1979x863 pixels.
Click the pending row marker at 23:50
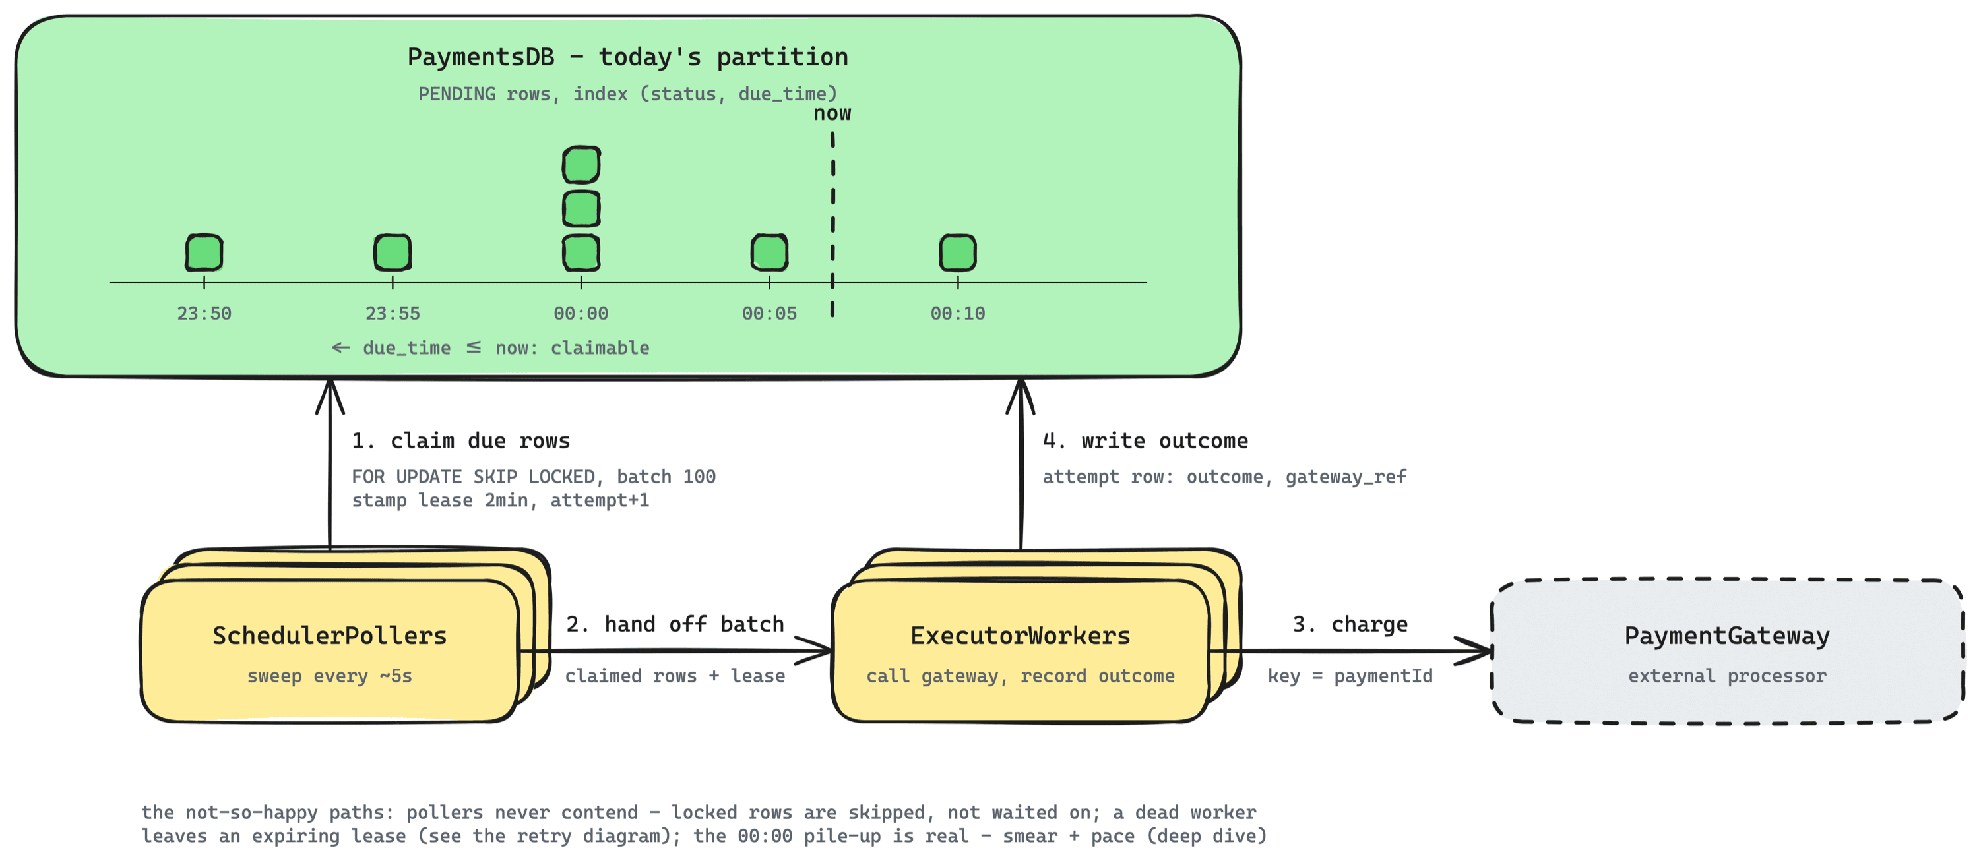point(204,253)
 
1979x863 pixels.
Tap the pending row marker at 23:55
point(393,253)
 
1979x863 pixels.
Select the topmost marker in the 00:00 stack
point(582,165)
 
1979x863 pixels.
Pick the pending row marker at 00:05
point(770,253)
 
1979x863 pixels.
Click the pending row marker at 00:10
point(958,253)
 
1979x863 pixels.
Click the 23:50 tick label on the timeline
point(204,313)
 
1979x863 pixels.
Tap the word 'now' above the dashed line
point(832,113)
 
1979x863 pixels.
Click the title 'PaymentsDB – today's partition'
point(627,57)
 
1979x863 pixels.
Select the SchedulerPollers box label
point(330,636)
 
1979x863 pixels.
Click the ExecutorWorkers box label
point(1021,636)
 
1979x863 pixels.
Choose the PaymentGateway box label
point(1727,636)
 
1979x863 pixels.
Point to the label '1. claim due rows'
point(461,440)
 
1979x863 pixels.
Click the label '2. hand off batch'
point(675,624)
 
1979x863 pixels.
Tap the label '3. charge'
point(1350,624)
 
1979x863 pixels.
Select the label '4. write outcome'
point(1145,440)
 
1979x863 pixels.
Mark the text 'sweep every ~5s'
point(330,676)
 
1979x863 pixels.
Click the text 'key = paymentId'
point(1350,676)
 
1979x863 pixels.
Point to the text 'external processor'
point(1727,676)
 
